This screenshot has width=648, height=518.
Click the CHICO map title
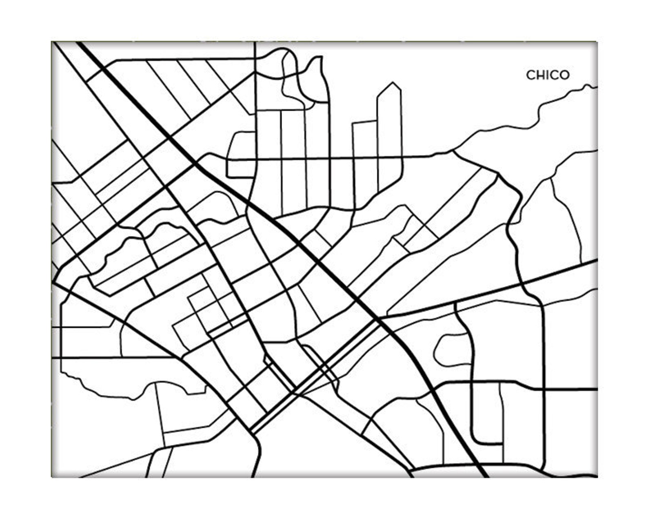pos(547,75)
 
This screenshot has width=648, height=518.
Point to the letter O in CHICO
pos(564,75)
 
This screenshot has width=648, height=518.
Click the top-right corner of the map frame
pos(597,42)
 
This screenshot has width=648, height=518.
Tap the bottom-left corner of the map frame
pos(52,477)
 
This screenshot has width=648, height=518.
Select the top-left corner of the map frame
pos(52,42)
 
